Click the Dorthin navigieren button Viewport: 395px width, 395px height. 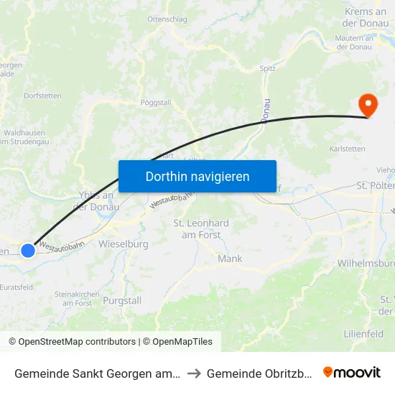tap(197, 176)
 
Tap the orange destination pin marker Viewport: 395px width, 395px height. tap(368, 106)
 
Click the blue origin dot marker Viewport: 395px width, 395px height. tap(27, 250)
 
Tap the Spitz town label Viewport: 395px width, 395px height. tap(268, 69)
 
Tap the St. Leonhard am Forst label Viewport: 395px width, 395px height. tap(201, 229)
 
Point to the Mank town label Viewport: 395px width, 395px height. tap(230, 259)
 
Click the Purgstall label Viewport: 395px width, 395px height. tap(122, 300)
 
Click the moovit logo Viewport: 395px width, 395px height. tap(351, 372)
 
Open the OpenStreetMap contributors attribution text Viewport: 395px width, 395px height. tap(72, 342)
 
